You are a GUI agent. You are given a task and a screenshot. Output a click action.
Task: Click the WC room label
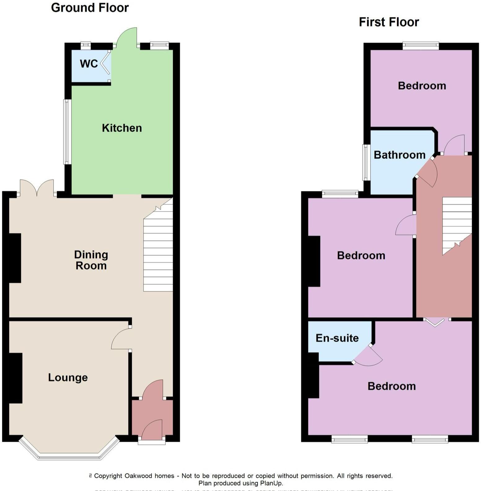point(89,63)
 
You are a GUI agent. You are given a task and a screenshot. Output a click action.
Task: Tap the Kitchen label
point(122,128)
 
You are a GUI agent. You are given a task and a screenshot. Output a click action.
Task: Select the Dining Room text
point(91,260)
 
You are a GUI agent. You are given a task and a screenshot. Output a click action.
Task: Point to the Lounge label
point(68,377)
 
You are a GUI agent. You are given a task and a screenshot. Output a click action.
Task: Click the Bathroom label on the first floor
point(399,155)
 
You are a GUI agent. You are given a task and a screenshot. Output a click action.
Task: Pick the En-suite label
point(337,338)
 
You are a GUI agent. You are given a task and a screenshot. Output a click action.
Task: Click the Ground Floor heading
point(90,8)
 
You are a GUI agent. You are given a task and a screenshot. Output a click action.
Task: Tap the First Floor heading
point(389,22)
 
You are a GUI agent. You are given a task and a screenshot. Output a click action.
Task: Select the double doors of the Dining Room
point(37,188)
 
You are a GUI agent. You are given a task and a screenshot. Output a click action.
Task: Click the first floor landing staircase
point(457,223)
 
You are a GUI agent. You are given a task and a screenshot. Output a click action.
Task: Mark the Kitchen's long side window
point(66,132)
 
